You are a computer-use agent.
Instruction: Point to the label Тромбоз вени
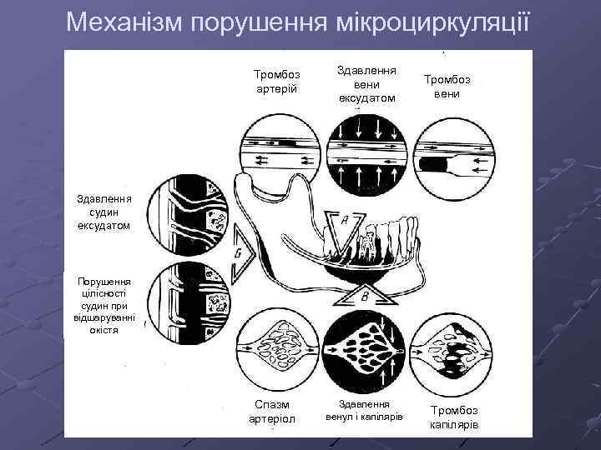(447, 85)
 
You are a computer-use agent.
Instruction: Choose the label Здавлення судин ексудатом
(104, 212)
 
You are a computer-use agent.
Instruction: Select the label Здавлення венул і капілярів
(364, 410)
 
